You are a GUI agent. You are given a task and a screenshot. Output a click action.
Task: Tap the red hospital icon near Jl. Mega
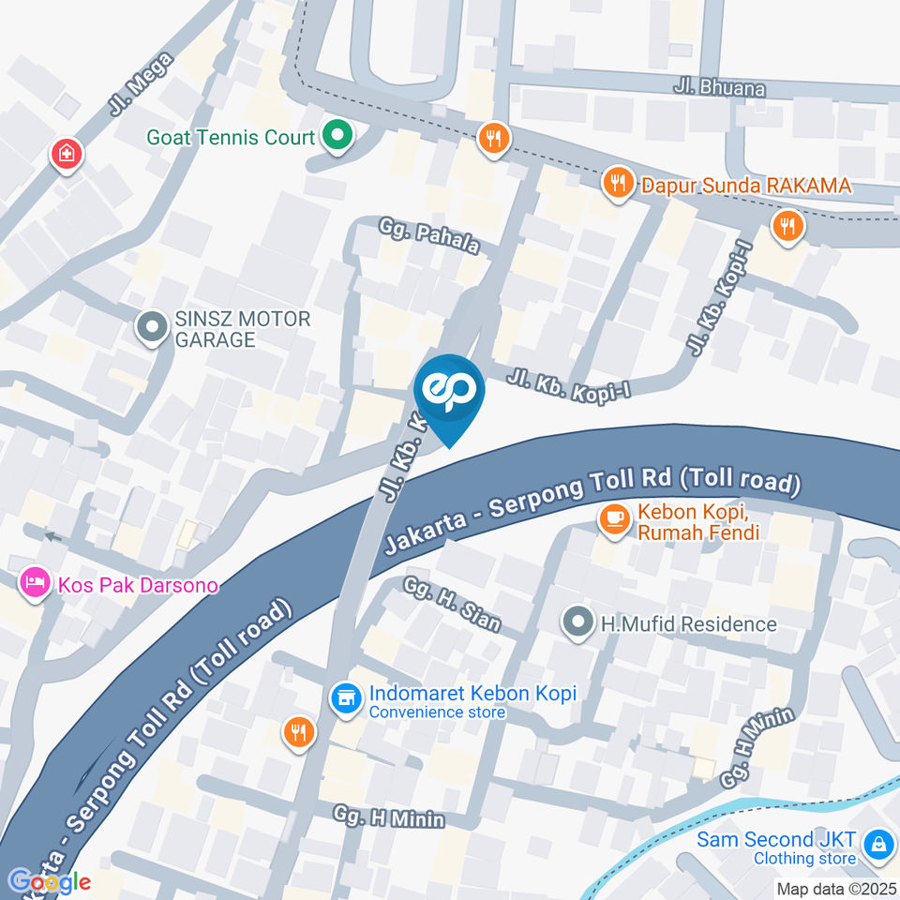tap(66, 155)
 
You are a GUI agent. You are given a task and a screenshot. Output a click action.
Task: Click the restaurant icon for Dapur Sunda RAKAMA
tap(617, 184)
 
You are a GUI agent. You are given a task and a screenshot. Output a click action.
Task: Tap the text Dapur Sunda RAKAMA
tap(745, 186)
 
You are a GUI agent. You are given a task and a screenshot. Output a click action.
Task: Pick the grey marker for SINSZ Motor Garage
tap(150, 328)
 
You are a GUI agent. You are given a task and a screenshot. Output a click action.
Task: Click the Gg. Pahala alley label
tap(429, 236)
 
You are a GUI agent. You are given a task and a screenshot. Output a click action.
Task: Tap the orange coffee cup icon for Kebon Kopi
tap(614, 521)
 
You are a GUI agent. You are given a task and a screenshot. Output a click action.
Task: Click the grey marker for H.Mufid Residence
tap(578, 622)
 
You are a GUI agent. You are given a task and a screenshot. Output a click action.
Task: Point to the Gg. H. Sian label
tap(452, 604)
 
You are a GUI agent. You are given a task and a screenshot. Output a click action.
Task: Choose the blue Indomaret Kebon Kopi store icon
tap(346, 697)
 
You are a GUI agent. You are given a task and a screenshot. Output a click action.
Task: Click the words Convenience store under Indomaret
tap(437, 712)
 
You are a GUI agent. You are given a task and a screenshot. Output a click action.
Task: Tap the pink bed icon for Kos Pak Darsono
tap(35, 583)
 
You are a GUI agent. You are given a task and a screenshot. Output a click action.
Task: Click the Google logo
tap(49, 881)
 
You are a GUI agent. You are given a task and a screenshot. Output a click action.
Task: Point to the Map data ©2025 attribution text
tap(834, 889)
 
